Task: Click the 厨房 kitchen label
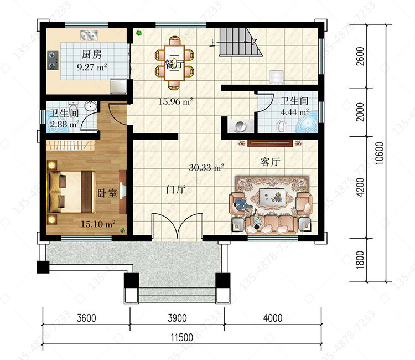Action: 91,54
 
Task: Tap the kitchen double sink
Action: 89,35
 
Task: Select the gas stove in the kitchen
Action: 53,60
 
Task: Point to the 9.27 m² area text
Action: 92,67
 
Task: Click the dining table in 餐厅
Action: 174,63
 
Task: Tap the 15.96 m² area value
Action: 175,101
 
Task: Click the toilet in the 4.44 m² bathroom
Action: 282,126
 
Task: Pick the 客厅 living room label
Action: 270,162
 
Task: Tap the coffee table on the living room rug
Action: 272,197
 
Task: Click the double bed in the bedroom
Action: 71,192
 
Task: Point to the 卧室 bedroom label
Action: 107,193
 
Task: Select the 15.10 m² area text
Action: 98,224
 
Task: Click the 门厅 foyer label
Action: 176,189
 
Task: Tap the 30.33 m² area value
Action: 206,167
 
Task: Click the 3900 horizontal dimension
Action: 177,318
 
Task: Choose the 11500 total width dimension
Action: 182,337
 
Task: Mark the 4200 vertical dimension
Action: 360,187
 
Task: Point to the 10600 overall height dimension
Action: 379,153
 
